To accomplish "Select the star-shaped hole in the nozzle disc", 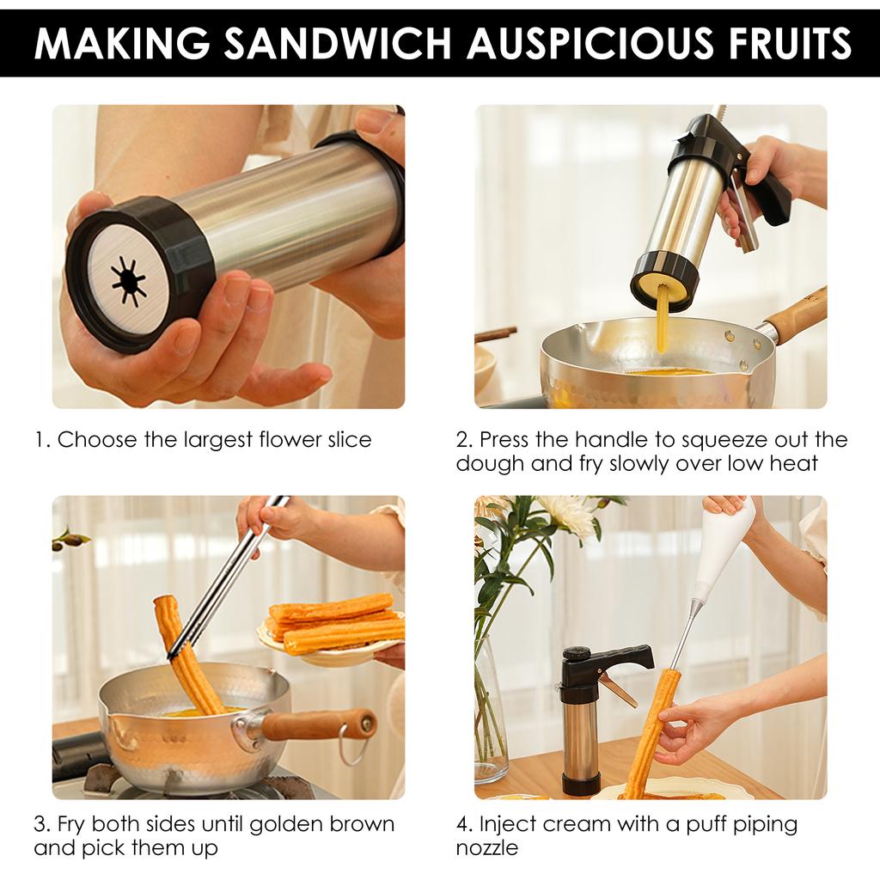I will tap(128, 280).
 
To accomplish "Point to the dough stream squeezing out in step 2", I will tap(662, 318).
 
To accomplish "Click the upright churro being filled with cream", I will tap(653, 730).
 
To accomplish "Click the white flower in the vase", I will tap(567, 516).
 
